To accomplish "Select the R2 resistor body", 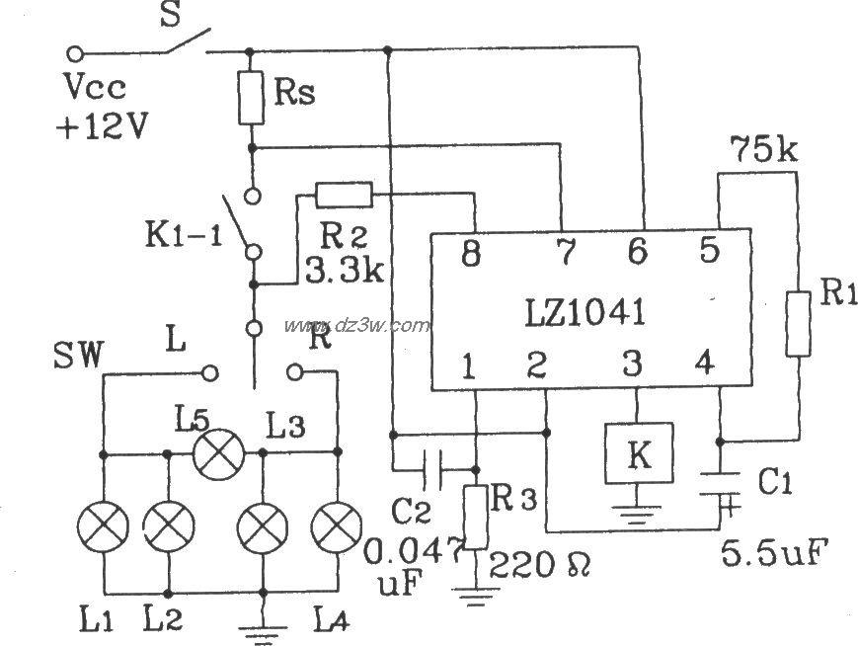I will point(343,194).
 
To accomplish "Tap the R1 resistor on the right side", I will point(798,322).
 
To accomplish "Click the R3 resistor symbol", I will point(476,516).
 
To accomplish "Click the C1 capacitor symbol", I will point(720,489).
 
